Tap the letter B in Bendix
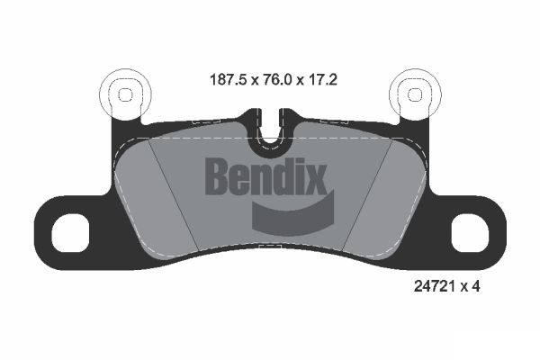219,176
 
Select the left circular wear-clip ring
126,93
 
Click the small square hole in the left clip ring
126,93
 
